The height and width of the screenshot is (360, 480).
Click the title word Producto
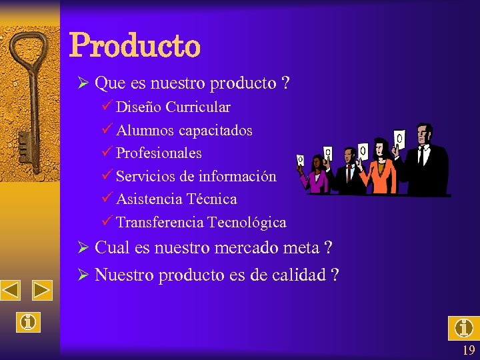[134, 45]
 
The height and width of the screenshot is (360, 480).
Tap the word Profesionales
[159, 153]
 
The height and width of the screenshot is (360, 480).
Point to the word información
[245, 177]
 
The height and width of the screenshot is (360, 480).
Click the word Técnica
[212, 199]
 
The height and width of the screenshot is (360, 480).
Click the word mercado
[247, 248]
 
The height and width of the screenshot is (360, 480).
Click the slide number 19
[468, 351]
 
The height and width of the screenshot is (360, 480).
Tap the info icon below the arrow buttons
[28, 322]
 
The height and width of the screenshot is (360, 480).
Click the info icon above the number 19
[463, 328]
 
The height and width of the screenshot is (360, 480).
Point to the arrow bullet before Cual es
[83, 248]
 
